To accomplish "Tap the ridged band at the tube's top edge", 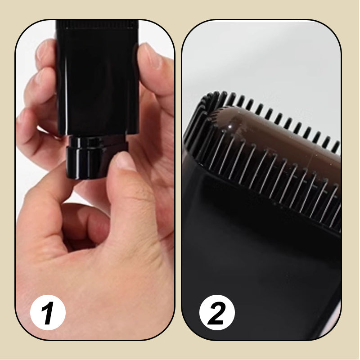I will (x=96, y=25).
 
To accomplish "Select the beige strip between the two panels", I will (x=178, y=180).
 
